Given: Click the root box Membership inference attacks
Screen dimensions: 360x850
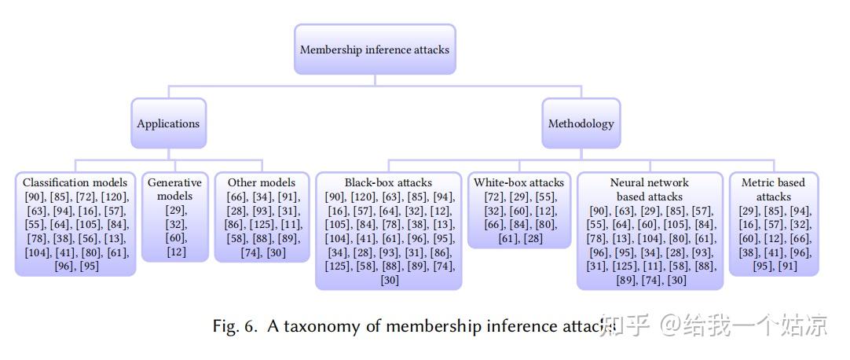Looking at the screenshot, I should click(375, 50).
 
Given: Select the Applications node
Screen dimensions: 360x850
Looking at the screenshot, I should click(168, 123).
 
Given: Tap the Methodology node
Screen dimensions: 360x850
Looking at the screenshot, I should click(581, 123).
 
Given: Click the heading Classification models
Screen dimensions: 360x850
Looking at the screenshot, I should click(75, 182).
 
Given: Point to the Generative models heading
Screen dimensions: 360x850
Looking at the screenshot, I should click(174, 189).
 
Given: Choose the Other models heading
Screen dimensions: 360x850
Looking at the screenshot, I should click(262, 182).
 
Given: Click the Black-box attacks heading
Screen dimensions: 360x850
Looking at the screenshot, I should click(388, 182).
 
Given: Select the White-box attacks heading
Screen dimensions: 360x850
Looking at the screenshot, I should click(518, 182).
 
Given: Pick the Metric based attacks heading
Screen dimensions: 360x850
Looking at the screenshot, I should click(774, 189).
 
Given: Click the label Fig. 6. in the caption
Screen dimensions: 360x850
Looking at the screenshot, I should click(235, 326).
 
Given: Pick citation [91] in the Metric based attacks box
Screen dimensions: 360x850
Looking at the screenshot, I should click(788, 266).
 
